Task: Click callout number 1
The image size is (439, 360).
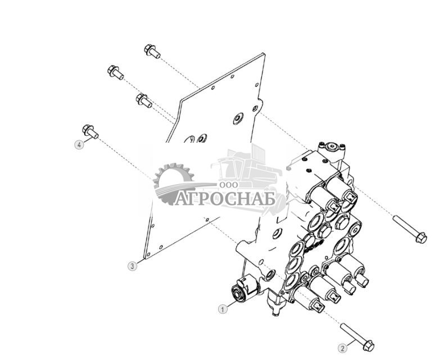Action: tap(223, 309)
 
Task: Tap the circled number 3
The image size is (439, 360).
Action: tap(132, 266)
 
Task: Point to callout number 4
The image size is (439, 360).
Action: tap(79, 144)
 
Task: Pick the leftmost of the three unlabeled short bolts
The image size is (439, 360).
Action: tap(115, 72)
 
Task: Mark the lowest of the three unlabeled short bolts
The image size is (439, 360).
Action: tap(144, 101)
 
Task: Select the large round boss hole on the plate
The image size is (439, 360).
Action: tap(238, 119)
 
